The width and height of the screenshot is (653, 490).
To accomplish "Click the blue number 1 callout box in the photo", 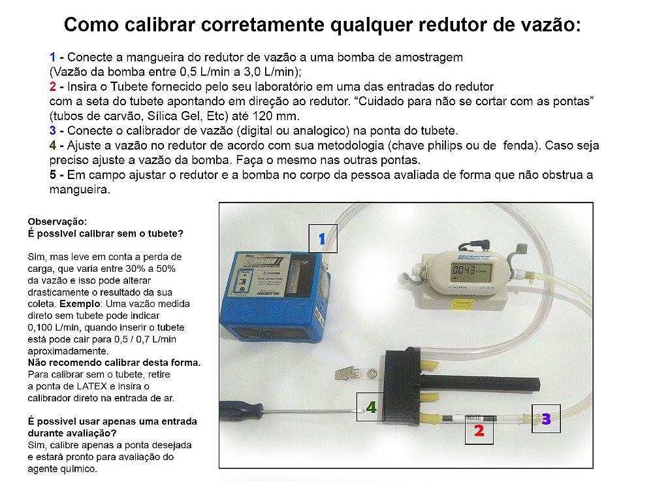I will point(322,239).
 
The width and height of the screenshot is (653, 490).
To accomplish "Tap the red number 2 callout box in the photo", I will point(479,431).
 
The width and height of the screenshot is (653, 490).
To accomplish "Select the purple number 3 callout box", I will point(546,419).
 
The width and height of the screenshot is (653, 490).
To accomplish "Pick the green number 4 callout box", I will point(371,407).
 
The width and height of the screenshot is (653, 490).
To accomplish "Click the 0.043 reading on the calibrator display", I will point(464,271).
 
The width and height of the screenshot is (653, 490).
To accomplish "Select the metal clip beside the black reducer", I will point(348,374).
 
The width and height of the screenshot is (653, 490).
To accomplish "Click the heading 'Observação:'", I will point(57,221).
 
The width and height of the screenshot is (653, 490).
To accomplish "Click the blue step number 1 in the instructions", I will point(53,57).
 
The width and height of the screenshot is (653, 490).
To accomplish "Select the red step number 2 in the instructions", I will point(53,86).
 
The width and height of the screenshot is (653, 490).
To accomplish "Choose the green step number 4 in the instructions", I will point(53,146).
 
